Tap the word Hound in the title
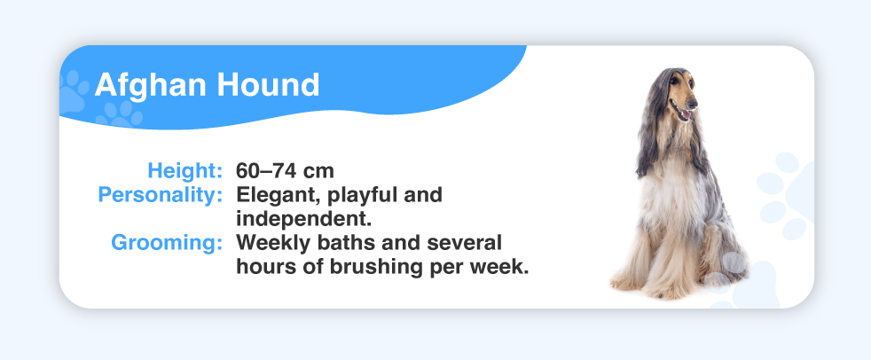[x=268, y=85]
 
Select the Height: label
[x=185, y=170]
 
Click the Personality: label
[x=161, y=195]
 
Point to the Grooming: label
[x=167, y=243]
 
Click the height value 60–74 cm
[x=285, y=170]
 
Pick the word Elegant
[x=279, y=196]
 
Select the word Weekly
[x=274, y=243]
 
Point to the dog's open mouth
[x=681, y=113]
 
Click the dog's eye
[x=674, y=81]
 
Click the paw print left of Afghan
[x=73, y=91]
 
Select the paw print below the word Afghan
[x=119, y=114]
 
